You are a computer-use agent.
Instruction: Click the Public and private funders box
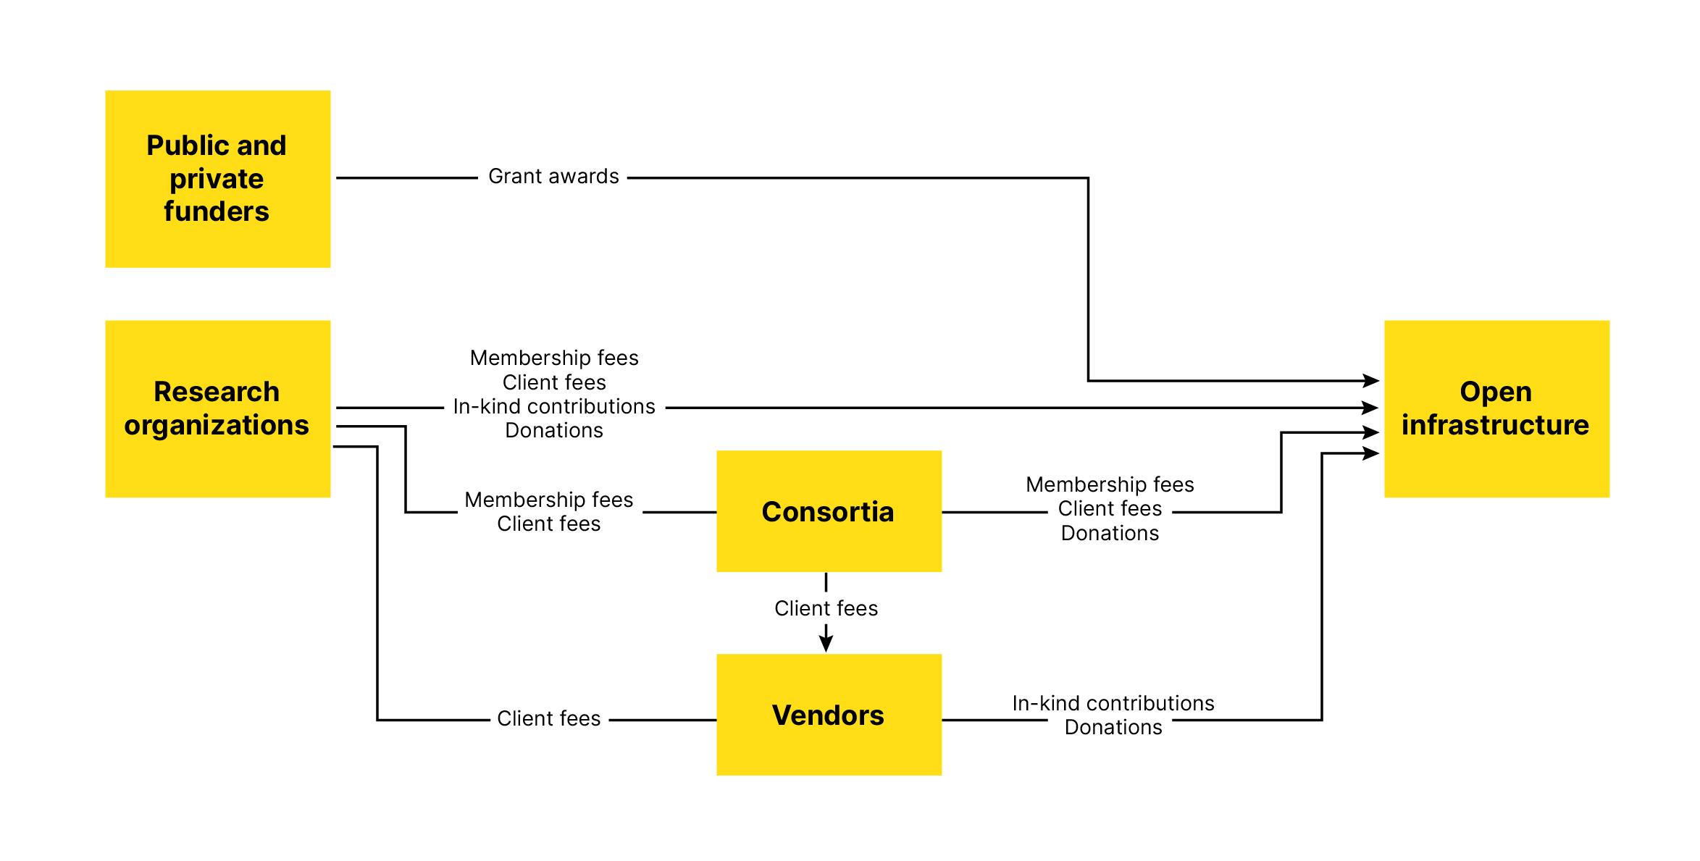(x=217, y=179)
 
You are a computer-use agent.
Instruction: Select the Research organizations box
(x=217, y=408)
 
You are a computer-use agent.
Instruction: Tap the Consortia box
(x=829, y=511)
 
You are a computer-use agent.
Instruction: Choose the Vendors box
(x=829, y=715)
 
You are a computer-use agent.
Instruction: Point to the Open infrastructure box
(x=1496, y=408)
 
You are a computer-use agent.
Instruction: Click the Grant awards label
(x=553, y=176)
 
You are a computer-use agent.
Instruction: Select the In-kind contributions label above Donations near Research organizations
(x=554, y=406)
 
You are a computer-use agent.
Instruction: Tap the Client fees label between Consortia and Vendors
(x=826, y=608)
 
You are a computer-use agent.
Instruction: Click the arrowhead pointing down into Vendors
(x=826, y=643)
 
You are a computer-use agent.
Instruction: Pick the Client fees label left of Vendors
(x=548, y=718)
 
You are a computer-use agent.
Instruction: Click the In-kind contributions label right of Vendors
(x=1113, y=703)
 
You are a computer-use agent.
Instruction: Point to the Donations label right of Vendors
(x=1113, y=727)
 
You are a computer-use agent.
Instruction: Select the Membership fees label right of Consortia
(x=1110, y=484)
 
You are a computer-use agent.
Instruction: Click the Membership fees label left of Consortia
(x=548, y=500)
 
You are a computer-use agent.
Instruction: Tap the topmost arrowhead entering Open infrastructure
(x=1370, y=380)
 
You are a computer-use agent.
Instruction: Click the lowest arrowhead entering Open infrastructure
(x=1370, y=453)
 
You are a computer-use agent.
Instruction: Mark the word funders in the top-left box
(x=217, y=211)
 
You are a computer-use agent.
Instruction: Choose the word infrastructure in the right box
(x=1495, y=425)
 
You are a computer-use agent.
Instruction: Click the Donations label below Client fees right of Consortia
(x=1110, y=533)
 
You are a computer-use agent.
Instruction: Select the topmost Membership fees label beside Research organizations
(x=554, y=358)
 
